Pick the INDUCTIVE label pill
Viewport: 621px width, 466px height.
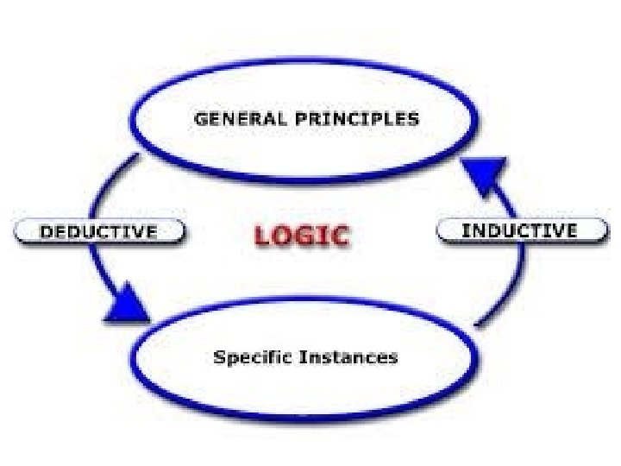[x=519, y=230]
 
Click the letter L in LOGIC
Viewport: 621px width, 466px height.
[x=263, y=235]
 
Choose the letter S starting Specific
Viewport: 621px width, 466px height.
[x=219, y=356]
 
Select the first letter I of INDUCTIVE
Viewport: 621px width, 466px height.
[x=466, y=230]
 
